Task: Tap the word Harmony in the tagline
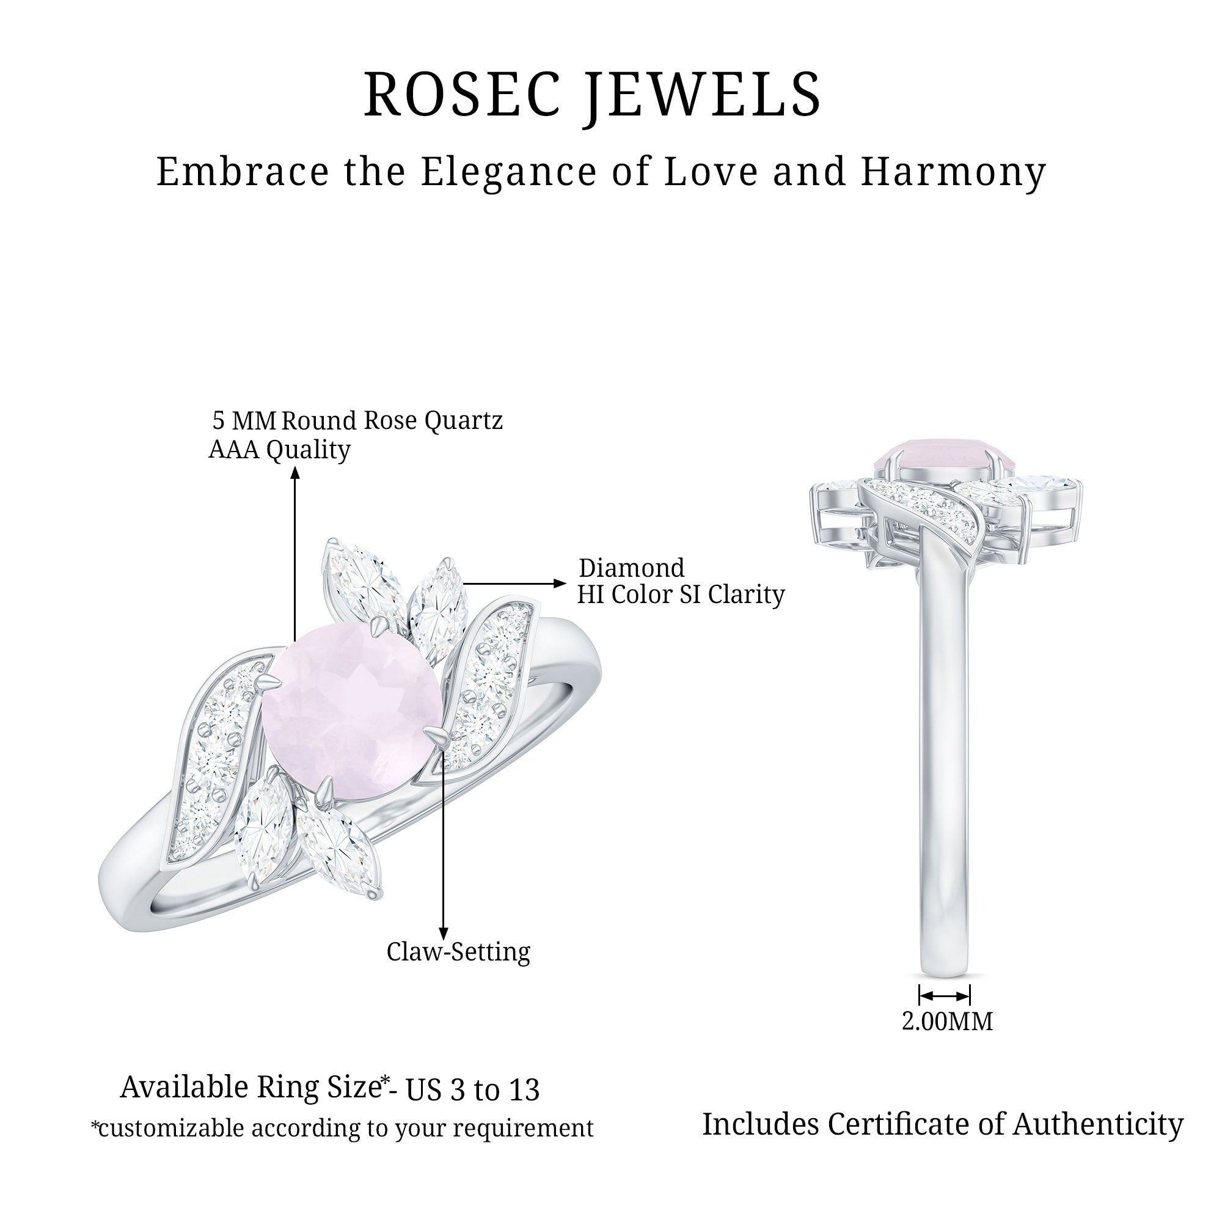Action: (x=953, y=172)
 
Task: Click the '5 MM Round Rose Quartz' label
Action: (x=357, y=420)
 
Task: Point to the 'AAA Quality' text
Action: (x=280, y=450)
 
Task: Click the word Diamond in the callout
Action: (x=631, y=568)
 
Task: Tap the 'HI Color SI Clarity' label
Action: (x=681, y=595)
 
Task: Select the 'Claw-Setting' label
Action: (x=458, y=952)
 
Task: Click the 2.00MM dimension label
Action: (x=947, y=1022)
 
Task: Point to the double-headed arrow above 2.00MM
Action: (x=945, y=996)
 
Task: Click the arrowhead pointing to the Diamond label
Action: (x=559, y=583)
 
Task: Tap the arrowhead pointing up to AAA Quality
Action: (x=295, y=472)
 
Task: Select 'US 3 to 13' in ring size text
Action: (x=472, y=1090)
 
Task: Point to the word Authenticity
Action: (x=1098, y=1124)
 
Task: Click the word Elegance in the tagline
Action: (x=508, y=172)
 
